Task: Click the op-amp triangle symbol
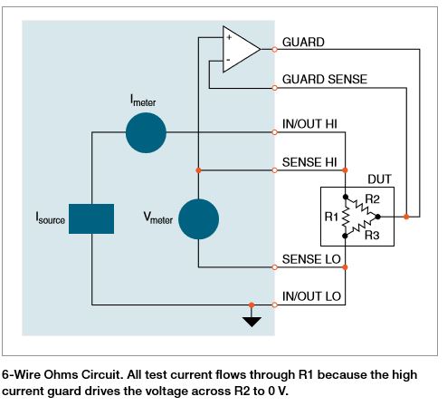[x=238, y=49]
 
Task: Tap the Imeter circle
[x=145, y=132]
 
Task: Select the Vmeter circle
[x=198, y=218]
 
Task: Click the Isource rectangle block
[x=91, y=219]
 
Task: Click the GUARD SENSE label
[x=325, y=80]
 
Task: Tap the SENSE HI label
[x=309, y=160]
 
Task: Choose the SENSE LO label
[x=309, y=258]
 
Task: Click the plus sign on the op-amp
[x=230, y=39]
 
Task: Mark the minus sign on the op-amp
[x=230, y=60]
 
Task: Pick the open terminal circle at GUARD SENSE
[x=275, y=88]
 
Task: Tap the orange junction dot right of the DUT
[x=408, y=217]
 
